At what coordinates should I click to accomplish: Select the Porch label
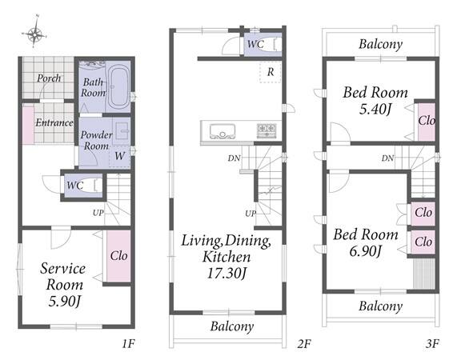(x=49, y=78)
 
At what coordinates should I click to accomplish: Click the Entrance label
(x=54, y=122)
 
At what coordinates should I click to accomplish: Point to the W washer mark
(x=119, y=156)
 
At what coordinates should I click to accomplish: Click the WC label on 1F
(x=75, y=186)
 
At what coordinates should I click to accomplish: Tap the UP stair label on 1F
(x=98, y=213)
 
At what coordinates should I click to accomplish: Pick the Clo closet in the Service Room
(x=118, y=256)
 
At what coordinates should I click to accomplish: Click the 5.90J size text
(x=64, y=301)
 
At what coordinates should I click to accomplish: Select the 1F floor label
(x=128, y=344)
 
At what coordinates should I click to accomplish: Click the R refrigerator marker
(x=271, y=72)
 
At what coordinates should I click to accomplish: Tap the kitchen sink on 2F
(x=222, y=131)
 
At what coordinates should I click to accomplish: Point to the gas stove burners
(x=267, y=130)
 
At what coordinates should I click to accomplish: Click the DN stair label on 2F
(x=234, y=158)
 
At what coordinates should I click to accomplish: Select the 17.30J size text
(x=226, y=274)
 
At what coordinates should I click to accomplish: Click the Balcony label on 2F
(x=232, y=326)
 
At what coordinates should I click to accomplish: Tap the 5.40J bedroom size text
(x=375, y=110)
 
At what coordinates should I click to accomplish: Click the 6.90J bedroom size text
(x=366, y=250)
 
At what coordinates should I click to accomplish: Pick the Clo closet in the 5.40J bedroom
(x=427, y=121)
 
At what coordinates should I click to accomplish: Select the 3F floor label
(x=432, y=344)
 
